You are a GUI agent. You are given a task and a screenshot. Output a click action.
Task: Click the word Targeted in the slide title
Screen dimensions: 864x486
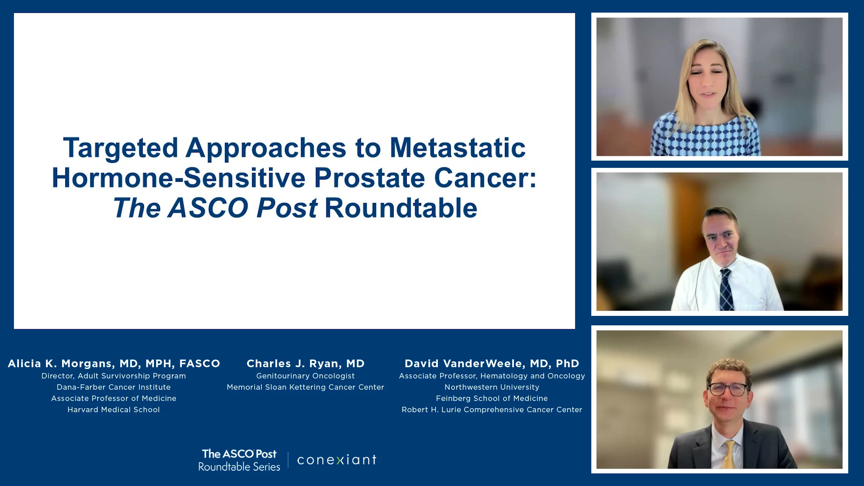pos(121,148)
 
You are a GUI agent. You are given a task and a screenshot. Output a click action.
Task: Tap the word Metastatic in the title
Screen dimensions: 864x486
pos(457,148)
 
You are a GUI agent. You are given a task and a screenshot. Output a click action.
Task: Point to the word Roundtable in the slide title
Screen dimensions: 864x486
pos(400,208)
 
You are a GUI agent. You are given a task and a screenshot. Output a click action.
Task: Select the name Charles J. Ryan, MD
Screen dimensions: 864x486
pos(306,364)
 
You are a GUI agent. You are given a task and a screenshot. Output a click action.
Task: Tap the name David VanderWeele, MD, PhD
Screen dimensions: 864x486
pos(492,364)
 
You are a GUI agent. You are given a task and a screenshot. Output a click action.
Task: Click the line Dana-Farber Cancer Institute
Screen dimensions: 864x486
pos(114,387)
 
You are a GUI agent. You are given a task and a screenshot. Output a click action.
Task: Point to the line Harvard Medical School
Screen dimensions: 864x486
pos(114,409)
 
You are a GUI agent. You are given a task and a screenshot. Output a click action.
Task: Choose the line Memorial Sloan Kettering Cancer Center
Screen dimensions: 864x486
pos(306,387)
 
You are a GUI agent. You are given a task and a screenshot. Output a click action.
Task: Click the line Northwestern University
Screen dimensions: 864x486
pos(492,387)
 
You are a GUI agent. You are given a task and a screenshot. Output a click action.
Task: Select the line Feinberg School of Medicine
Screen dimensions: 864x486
pos(492,398)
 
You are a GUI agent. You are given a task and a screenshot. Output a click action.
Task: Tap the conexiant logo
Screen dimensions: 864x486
pos(337,460)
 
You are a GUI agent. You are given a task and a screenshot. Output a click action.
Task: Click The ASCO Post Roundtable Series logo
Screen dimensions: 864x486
pos(239,460)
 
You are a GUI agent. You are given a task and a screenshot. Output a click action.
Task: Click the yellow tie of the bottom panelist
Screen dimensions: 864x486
pos(729,454)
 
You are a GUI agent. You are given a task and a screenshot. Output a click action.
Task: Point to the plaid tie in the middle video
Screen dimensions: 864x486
pos(726,290)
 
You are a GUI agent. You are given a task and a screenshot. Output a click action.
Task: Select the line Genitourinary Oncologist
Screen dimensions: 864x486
pos(306,376)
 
